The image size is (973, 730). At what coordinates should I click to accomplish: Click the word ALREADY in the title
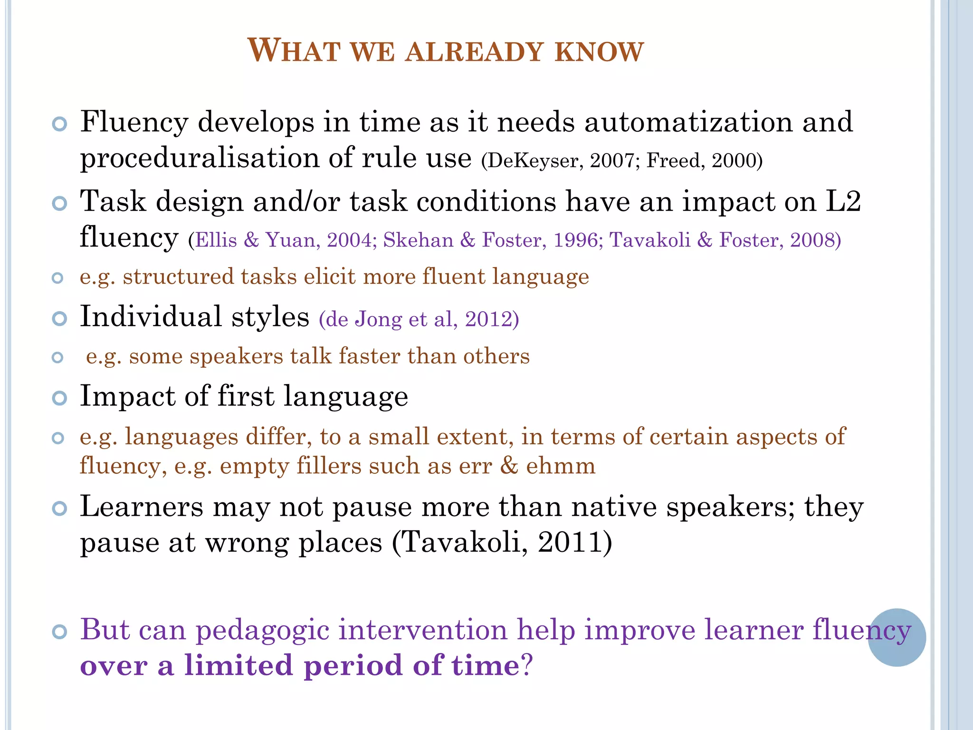click(x=474, y=51)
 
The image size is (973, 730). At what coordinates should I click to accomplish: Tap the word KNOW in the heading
click(x=600, y=51)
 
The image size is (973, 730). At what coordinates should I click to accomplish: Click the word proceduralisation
click(x=200, y=158)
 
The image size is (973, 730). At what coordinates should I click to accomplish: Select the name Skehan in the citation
click(x=418, y=240)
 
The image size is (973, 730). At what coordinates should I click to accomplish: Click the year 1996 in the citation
click(x=575, y=240)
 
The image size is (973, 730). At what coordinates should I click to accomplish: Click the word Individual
click(x=151, y=317)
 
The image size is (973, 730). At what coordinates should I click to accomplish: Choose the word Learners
click(x=141, y=507)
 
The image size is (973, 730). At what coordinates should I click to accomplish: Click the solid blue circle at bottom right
click(x=897, y=637)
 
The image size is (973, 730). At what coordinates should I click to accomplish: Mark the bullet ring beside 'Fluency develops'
click(x=59, y=125)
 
